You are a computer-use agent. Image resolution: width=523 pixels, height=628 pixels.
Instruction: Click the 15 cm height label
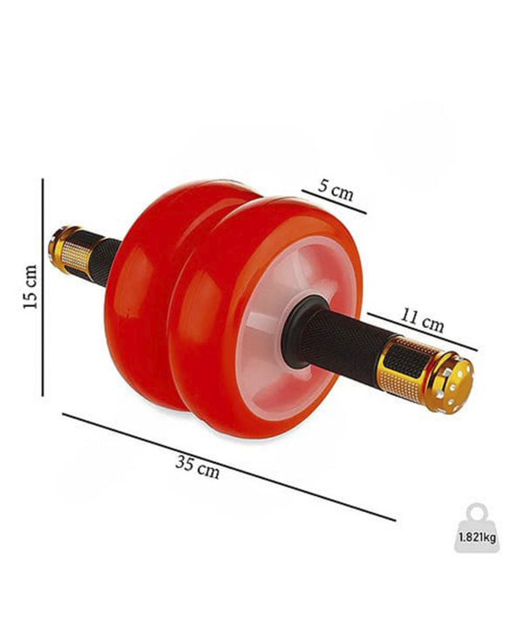click(31, 287)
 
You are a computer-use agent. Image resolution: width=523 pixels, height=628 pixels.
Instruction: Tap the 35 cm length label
click(197, 468)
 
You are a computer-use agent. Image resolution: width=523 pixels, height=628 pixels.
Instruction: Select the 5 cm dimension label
click(336, 190)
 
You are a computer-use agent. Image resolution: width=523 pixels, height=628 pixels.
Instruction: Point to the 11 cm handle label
click(422, 320)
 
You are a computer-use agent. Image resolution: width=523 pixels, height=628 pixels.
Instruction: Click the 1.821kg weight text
click(478, 536)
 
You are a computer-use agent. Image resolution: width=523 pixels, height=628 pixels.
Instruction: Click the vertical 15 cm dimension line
click(43, 287)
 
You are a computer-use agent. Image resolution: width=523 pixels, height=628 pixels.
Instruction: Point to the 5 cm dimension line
click(334, 201)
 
